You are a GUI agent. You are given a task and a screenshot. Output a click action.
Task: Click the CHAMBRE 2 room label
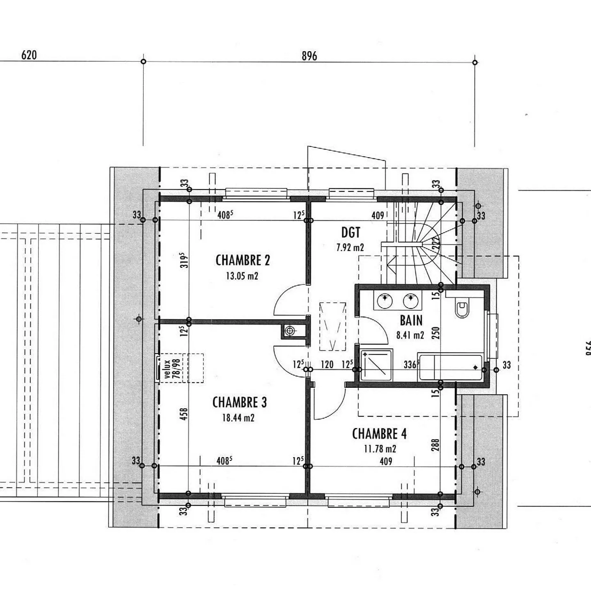243,260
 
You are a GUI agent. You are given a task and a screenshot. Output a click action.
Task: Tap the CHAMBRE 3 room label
239,402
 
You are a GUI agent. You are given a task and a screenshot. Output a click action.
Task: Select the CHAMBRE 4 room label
380,434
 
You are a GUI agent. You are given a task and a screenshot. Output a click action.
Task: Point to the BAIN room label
411,320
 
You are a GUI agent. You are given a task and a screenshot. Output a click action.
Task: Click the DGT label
350,233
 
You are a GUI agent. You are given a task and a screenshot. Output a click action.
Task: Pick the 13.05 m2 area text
242,276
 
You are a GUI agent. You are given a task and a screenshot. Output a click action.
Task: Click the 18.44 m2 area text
238,418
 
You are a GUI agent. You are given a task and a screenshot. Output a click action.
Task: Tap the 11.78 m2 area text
380,449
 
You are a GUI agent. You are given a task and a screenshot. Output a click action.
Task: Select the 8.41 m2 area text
410,335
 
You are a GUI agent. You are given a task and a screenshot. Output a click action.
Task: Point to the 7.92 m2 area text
350,247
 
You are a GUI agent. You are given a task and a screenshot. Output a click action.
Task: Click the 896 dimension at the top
309,56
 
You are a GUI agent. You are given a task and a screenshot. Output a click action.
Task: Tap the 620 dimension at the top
29,55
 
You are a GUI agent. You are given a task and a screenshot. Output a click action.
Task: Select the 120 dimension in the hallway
327,364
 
